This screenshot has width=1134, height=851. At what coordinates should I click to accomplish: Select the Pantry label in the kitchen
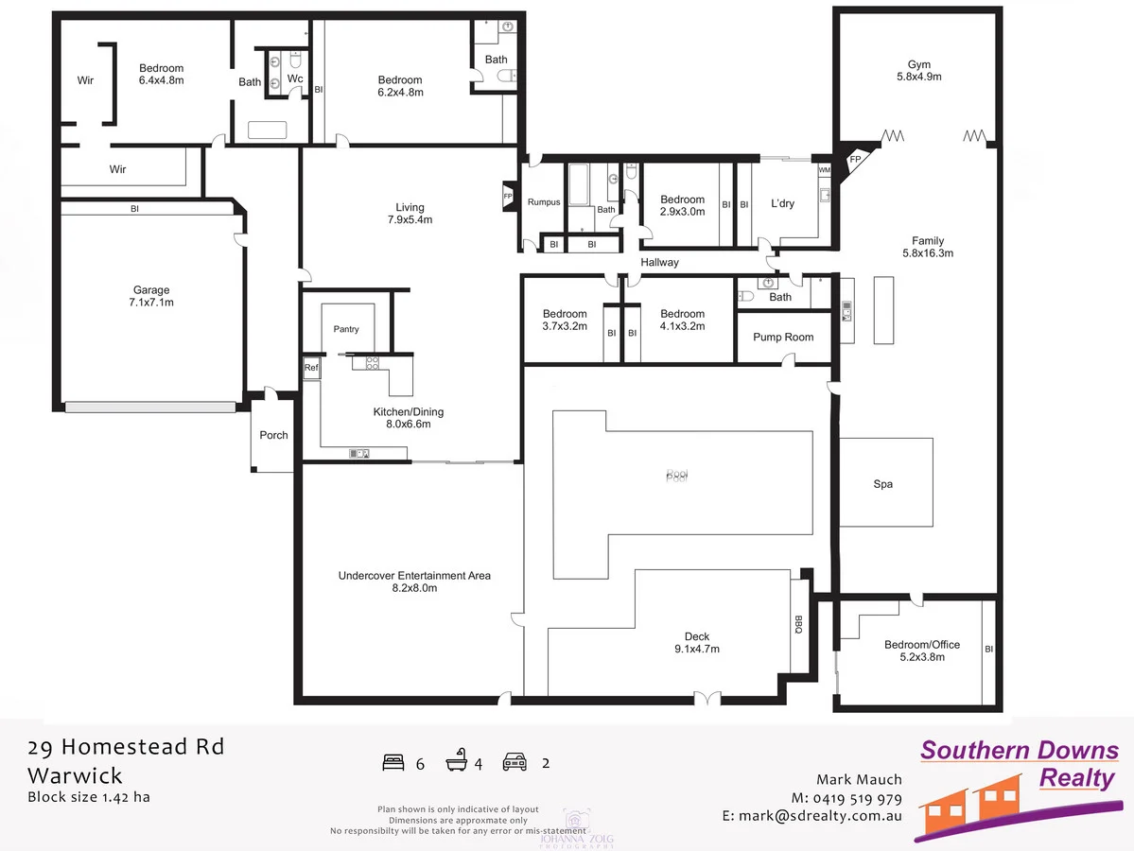(346, 329)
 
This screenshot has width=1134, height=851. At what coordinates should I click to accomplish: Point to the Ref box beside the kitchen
(310, 368)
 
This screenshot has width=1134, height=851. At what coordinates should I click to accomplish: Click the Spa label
(882, 484)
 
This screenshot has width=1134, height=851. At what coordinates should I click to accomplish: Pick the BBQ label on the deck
(798, 625)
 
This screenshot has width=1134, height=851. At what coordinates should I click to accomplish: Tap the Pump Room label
(783, 337)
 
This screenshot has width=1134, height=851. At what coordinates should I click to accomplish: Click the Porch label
(273, 435)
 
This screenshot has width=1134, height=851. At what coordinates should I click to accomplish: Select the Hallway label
(659, 263)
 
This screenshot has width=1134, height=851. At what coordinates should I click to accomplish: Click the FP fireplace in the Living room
(508, 198)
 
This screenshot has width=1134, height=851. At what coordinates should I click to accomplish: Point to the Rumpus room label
(544, 202)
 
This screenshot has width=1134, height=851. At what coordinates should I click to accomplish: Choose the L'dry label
(783, 204)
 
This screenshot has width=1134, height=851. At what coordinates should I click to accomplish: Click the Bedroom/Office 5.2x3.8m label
(921, 651)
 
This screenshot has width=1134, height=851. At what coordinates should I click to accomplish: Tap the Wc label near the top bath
(295, 78)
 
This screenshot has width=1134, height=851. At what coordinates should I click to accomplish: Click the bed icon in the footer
(393, 762)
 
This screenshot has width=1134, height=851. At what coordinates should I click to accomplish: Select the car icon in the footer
(515, 762)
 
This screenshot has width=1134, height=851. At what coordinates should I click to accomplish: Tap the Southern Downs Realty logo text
(1020, 764)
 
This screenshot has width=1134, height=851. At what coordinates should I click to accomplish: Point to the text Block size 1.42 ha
(88, 796)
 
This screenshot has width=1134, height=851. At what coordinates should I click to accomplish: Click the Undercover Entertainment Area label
(414, 581)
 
